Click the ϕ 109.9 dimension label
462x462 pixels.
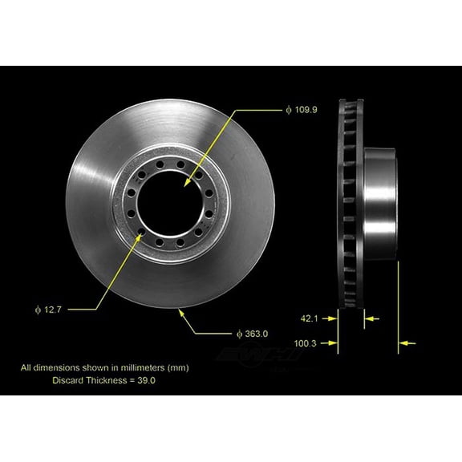[302, 109]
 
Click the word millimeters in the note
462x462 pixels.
[135, 367]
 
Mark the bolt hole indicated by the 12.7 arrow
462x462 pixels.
[142, 235]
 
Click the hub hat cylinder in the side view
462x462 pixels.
[380, 205]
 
